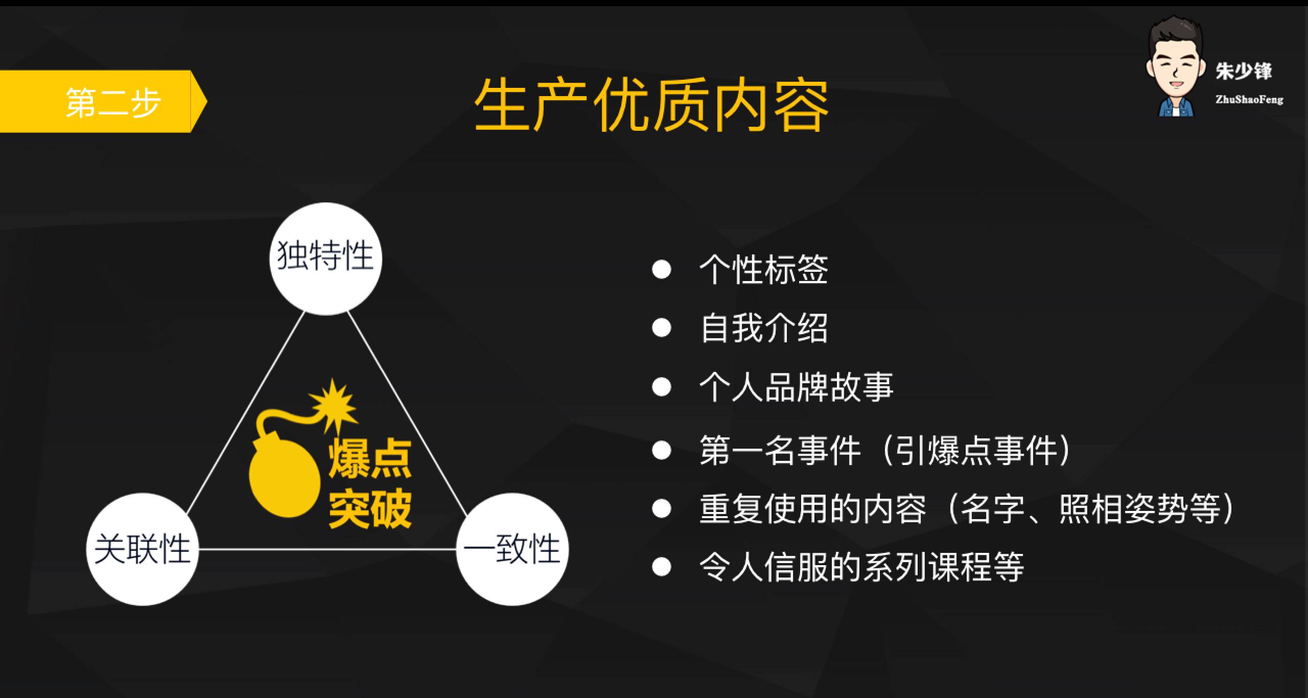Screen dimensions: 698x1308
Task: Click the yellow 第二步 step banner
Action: pyautogui.click(x=102, y=102)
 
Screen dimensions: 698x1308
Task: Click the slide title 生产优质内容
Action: pyautogui.click(x=651, y=105)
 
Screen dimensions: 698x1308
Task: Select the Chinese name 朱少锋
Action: pyautogui.click(x=1244, y=71)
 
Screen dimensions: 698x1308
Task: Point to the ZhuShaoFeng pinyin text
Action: pyautogui.click(x=1249, y=100)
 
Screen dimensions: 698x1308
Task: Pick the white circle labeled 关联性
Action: pyautogui.click(x=143, y=549)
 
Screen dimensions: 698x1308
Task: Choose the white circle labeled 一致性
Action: pyautogui.click(x=512, y=549)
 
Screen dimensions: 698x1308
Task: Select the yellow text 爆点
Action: pyautogui.click(x=370, y=459)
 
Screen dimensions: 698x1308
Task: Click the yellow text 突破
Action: pyautogui.click(x=370, y=508)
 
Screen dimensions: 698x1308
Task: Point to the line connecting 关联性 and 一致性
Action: pyautogui.click(x=327, y=550)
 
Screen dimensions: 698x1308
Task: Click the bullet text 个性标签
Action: pyautogui.click(x=763, y=269)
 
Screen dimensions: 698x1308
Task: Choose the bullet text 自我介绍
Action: pyautogui.click(x=763, y=328)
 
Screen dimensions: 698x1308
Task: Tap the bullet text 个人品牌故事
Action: pyautogui.click(x=796, y=386)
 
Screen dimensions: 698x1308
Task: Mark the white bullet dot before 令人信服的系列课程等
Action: pyautogui.click(x=661, y=567)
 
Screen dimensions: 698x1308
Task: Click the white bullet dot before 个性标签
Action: pyautogui.click(x=661, y=269)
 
